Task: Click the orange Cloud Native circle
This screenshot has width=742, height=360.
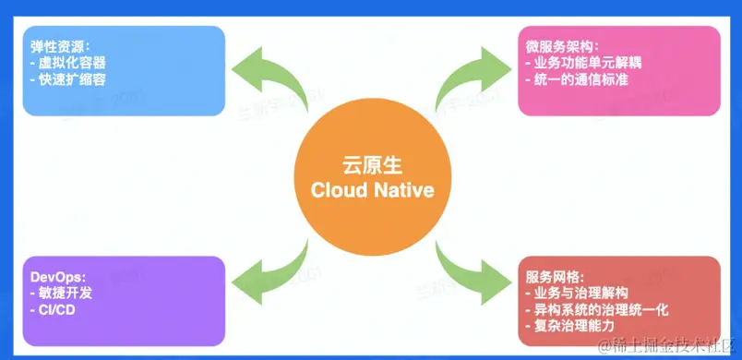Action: click(x=373, y=176)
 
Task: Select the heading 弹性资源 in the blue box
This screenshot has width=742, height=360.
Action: click(x=59, y=46)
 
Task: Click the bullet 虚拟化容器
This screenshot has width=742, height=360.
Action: click(x=67, y=63)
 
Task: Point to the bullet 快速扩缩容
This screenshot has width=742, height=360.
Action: click(x=67, y=79)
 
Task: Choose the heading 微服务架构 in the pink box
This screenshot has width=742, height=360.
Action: click(x=562, y=46)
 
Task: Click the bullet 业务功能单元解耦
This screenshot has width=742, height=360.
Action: click(x=584, y=63)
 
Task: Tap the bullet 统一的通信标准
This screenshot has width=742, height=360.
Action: click(x=577, y=79)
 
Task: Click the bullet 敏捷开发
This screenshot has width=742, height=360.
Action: click(x=61, y=294)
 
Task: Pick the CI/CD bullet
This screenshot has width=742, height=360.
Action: click(x=53, y=310)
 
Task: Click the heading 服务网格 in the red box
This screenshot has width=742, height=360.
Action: click(x=555, y=277)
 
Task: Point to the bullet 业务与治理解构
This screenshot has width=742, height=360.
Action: click(x=577, y=294)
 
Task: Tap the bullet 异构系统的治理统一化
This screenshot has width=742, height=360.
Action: click(x=597, y=310)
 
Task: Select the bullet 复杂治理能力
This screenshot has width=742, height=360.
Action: click(x=569, y=327)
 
